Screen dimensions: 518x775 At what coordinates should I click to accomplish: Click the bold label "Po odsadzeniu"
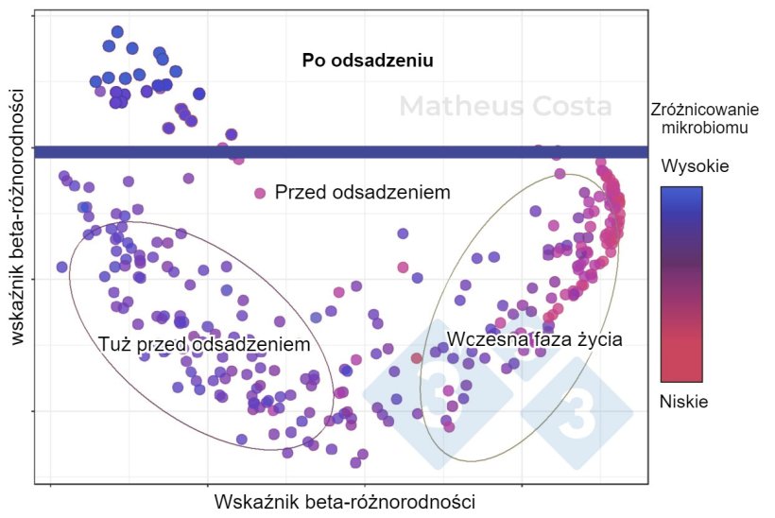(368, 61)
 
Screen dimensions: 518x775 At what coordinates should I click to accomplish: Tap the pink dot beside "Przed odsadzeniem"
(260, 193)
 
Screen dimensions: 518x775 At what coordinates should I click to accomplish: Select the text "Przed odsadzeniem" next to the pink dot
(362, 193)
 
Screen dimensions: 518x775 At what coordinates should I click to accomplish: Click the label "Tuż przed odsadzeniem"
(204, 345)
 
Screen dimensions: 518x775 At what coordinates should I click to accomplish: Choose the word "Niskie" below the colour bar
(683, 402)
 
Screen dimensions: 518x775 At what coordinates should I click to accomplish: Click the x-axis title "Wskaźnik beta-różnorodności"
(344, 500)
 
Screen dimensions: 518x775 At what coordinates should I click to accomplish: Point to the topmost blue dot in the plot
(117, 32)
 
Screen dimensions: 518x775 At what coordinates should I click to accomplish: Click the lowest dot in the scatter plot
(355, 462)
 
